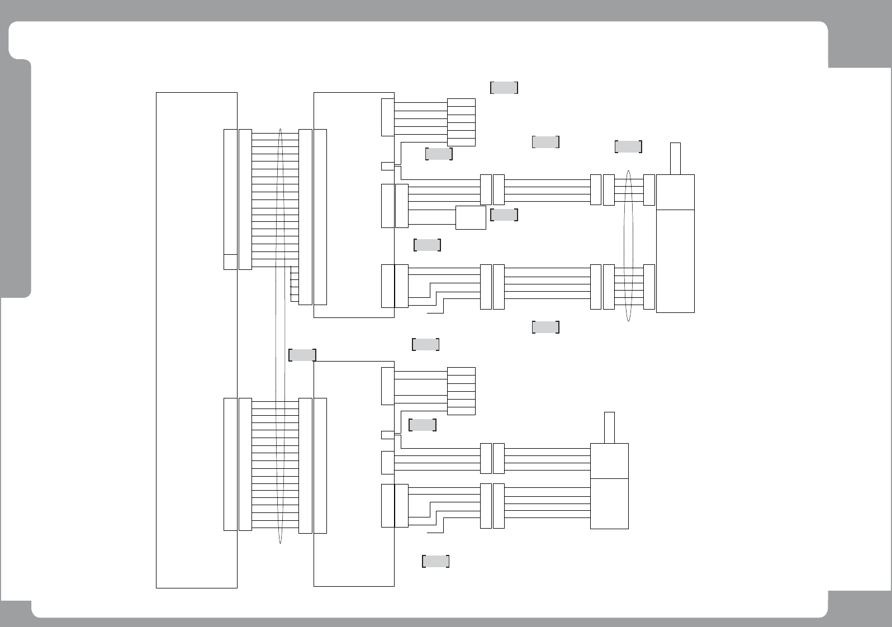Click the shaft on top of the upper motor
675,159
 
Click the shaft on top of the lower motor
609,427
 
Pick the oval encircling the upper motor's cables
629,246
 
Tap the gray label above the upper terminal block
504,88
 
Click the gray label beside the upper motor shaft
628,146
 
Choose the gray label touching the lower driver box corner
302,355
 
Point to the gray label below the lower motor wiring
435,562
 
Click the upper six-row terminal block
461,122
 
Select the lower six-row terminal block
461,391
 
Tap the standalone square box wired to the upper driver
471,217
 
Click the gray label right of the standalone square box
504,215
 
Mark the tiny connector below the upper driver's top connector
387,166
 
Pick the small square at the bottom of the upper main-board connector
230,262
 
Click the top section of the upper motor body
675,192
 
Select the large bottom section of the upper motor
675,261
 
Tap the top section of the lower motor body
609,461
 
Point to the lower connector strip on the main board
230,464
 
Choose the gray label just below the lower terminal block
423,425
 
